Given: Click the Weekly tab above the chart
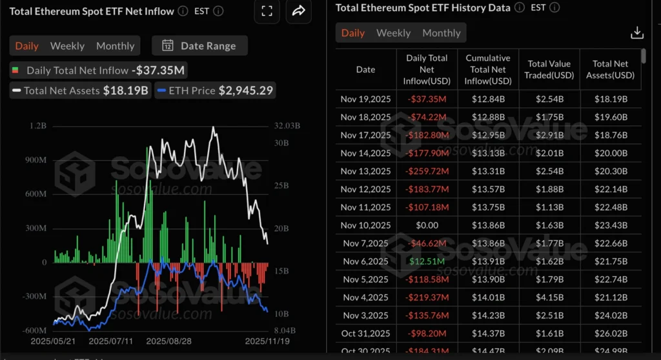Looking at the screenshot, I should [x=67, y=46].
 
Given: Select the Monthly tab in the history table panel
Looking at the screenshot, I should [x=442, y=33].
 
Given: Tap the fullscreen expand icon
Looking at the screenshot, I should [x=267, y=11].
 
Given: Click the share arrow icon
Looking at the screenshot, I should [x=298, y=11].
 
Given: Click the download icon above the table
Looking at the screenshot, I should [x=636, y=32].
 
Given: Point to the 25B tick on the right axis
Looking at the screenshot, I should [x=282, y=186].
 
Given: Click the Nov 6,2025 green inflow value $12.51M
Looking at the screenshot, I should [x=426, y=261].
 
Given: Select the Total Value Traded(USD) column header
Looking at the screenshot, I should [x=550, y=70].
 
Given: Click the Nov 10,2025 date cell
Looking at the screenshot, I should [x=365, y=225].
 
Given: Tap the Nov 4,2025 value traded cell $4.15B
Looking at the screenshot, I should [x=550, y=297].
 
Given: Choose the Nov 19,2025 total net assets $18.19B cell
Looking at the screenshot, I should [x=610, y=99].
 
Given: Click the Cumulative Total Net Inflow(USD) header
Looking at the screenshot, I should [x=488, y=70].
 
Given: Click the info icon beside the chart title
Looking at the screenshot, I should [x=183, y=11].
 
